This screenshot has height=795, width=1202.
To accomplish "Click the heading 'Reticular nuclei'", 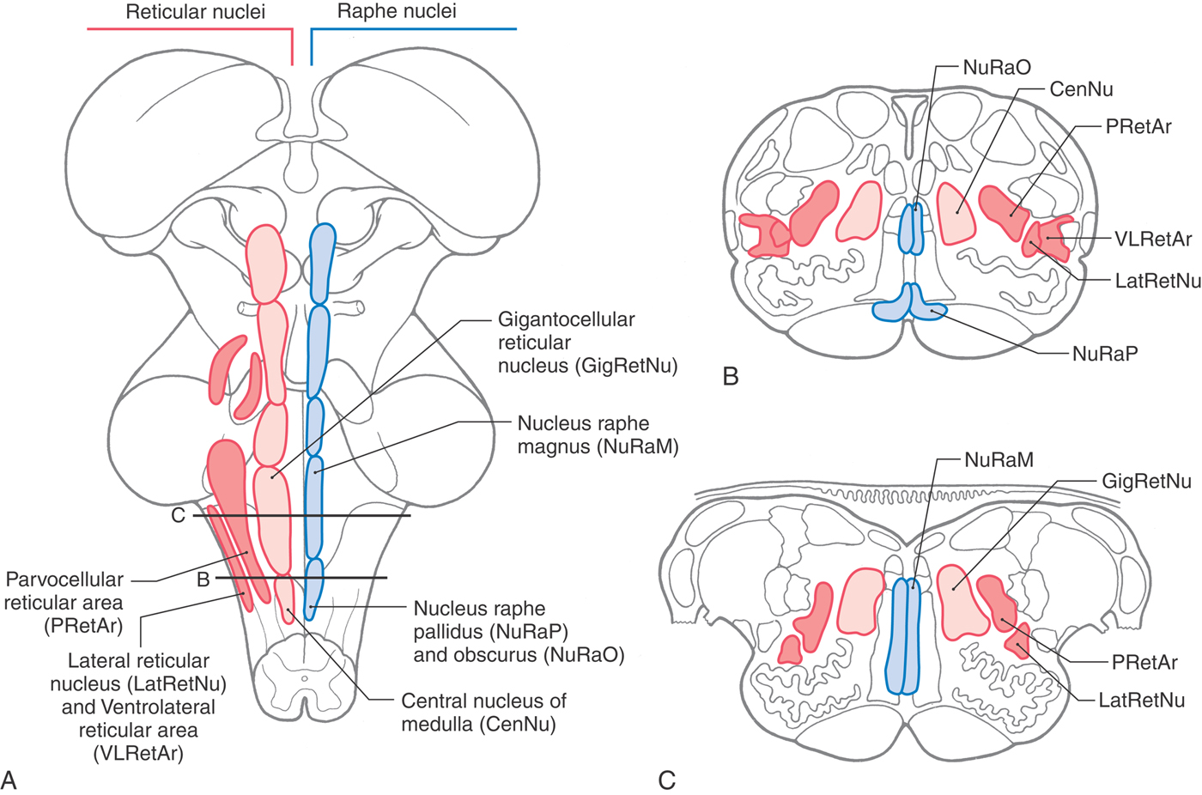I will tap(195, 12).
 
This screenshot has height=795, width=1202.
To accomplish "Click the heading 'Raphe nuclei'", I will tap(397, 12).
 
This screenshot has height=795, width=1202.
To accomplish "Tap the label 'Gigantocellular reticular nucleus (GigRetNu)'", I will tap(587, 343).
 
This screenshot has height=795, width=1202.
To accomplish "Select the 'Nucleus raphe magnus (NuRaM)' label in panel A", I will tap(598, 434).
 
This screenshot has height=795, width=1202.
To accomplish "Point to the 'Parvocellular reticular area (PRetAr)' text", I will tap(64, 603).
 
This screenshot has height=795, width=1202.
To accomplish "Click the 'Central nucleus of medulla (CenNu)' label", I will tap(483, 713).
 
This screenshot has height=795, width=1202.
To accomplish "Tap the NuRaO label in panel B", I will tap(996, 68).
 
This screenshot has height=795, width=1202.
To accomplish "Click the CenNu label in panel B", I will tap(1081, 89).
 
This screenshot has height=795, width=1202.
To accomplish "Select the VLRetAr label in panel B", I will tap(1153, 240).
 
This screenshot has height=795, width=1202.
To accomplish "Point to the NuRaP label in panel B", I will tap(1104, 353).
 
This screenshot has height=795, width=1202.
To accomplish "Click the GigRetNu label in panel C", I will tap(1146, 482).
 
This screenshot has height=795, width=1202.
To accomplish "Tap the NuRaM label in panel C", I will tap(999, 460).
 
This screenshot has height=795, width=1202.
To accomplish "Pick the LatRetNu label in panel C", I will tap(1141, 701).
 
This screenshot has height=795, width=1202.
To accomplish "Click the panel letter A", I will tap(9, 780).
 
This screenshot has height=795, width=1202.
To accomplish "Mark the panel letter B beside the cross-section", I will tap(731, 376).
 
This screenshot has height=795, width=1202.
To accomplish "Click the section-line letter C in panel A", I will tap(179, 516).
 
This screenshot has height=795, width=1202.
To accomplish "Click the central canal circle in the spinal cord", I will tap(303, 678).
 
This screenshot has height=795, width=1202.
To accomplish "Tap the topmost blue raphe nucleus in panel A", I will tap(322, 261).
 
